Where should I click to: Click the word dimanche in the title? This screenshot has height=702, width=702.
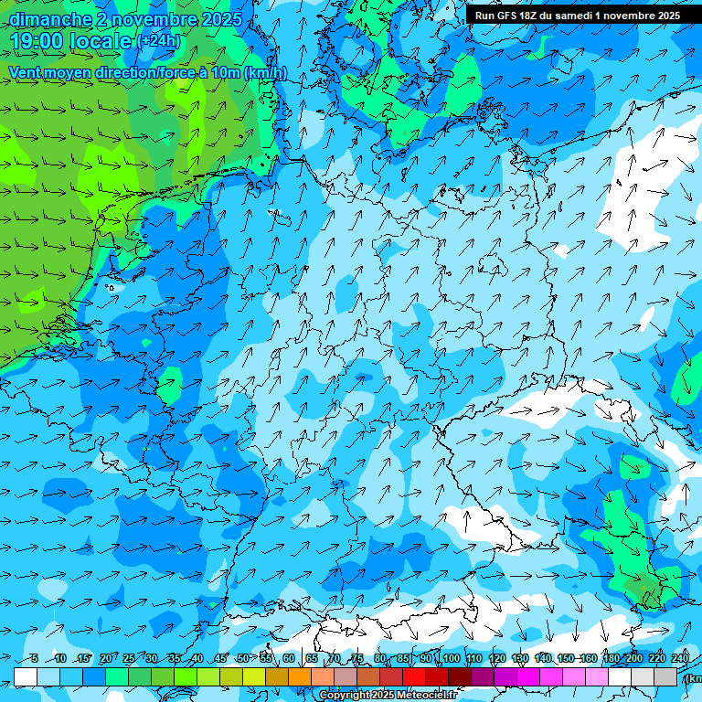(x=49, y=19)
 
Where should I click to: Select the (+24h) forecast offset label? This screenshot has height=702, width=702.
(x=159, y=41)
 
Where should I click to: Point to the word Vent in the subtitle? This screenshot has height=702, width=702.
(x=26, y=73)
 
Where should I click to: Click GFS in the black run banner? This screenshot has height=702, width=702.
(x=506, y=16)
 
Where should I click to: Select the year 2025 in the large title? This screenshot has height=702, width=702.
(x=218, y=19)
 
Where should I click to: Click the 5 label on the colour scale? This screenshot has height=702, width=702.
(x=34, y=659)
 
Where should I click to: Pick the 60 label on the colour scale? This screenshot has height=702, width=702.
(x=289, y=659)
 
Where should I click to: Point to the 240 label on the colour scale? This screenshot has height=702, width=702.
(x=680, y=659)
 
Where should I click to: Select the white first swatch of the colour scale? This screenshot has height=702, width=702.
(x=26, y=676)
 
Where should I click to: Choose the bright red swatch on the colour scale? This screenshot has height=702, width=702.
(x=413, y=676)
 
